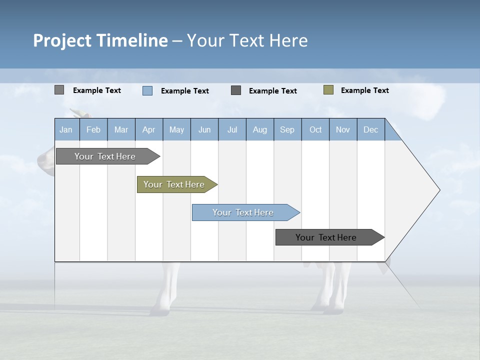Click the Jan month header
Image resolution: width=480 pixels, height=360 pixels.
click(66, 129)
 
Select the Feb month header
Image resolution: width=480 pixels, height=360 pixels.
click(93, 129)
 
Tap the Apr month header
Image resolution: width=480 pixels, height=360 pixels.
click(148, 129)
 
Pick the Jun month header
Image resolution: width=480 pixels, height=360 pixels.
click(204, 129)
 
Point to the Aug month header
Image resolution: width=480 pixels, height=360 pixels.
click(259, 129)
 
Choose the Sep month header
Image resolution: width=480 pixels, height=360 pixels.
click(287, 129)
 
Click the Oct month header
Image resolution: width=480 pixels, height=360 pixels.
click(315, 129)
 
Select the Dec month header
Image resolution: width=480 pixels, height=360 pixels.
click(370, 129)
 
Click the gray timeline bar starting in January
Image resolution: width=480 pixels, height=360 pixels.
click(105, 156)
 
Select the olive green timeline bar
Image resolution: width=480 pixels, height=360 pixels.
click(174, 184)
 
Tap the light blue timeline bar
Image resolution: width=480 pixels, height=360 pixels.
click(243, 212)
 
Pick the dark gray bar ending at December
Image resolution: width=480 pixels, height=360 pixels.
click(326, 237)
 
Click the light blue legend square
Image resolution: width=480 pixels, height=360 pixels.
click(147, 90)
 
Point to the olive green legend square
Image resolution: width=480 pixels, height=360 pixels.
click(328, 90)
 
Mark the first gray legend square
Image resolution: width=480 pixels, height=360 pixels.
click(59, 90)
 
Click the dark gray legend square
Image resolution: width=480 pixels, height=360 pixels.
click(236, 90)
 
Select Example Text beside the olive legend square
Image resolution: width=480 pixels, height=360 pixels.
click(364, 90)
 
